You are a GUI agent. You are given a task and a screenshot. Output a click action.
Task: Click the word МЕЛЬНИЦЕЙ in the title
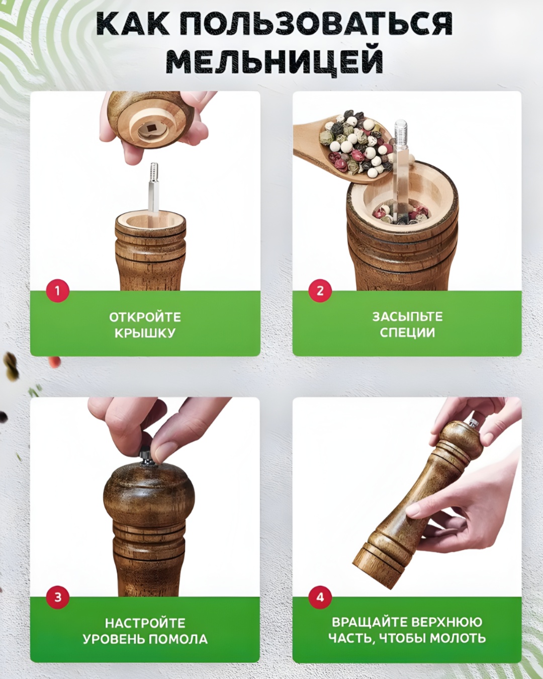coord(275,60)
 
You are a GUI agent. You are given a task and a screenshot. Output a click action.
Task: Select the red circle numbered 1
coord(57,291)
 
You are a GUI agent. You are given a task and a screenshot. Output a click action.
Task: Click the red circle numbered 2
coord(320,291)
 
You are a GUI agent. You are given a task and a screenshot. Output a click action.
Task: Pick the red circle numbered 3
coord(57,598)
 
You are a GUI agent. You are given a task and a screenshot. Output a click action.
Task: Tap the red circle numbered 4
coord(320,598)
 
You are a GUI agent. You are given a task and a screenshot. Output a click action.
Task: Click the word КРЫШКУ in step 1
coord(145,333)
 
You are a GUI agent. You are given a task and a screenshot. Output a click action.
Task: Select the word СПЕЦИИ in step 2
coord(407,332)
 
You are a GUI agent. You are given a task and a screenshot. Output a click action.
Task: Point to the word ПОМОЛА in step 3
coord(178,639)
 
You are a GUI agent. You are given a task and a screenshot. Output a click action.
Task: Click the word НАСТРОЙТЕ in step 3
coord(145,623)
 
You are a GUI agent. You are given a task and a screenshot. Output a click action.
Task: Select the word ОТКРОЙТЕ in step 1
coord(145,317)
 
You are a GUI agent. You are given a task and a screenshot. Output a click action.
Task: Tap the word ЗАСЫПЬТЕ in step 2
coord(407,316)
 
